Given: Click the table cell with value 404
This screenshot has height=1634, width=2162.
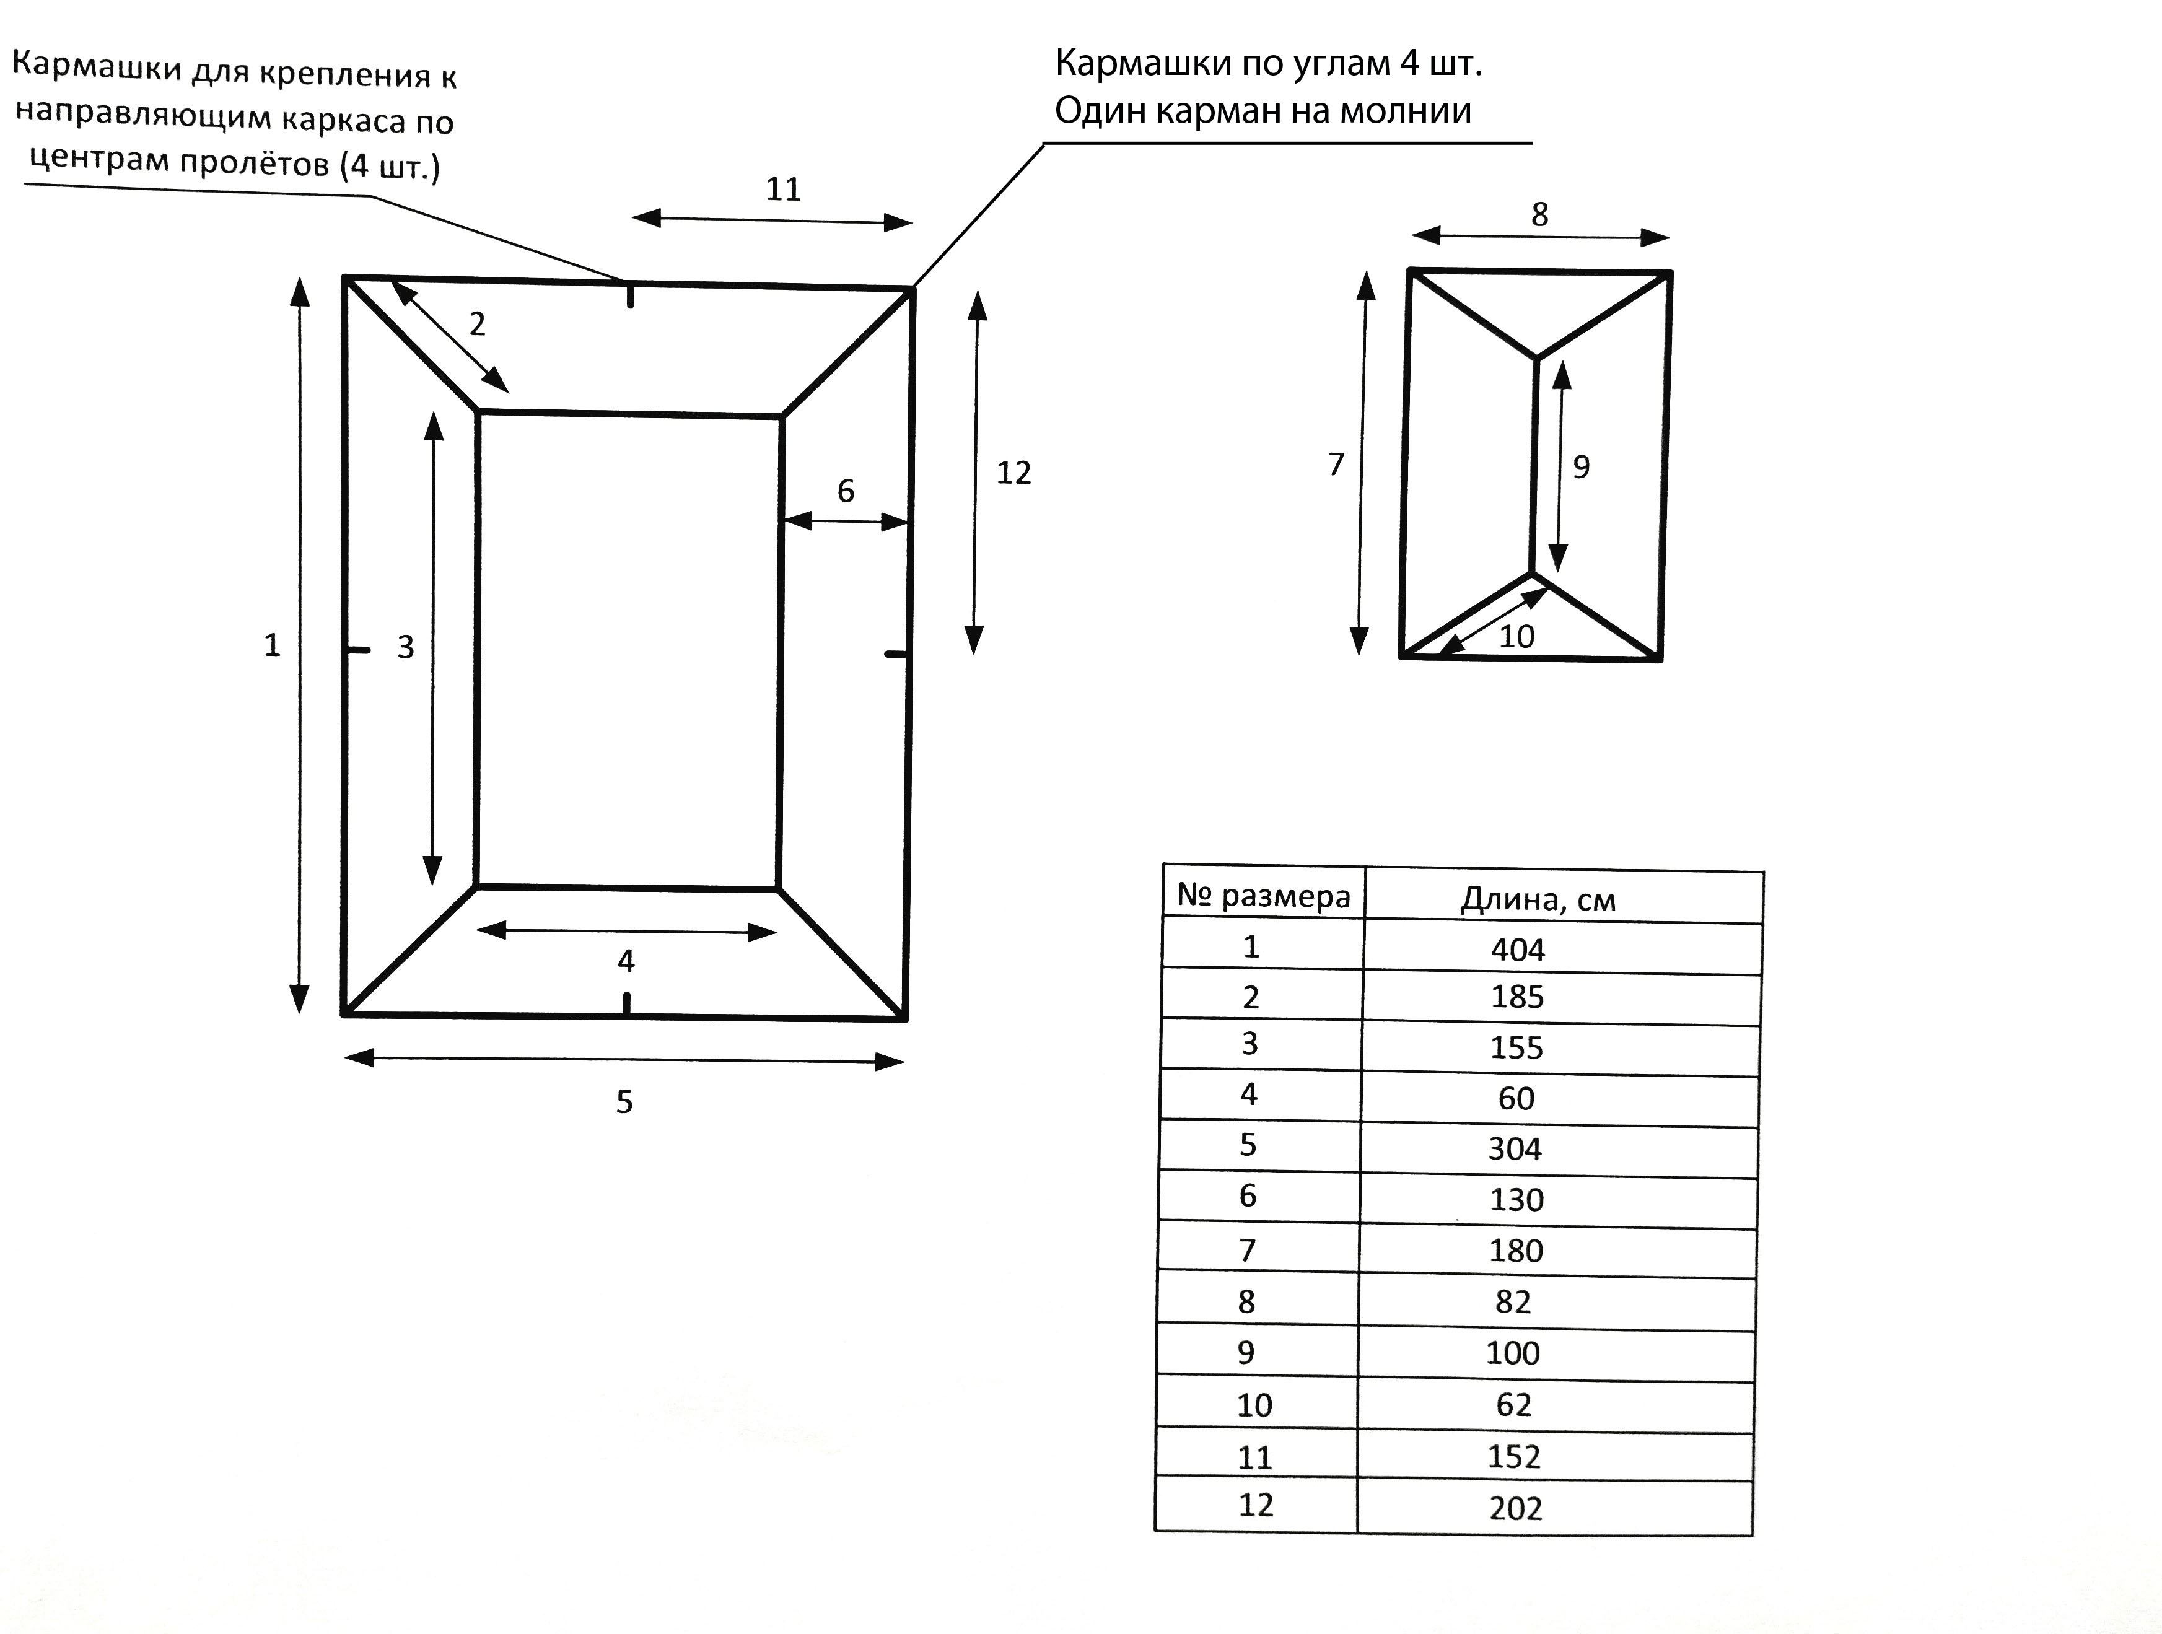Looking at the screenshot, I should click(x=1517, y=949).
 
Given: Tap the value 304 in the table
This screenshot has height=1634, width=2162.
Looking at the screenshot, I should click(x=1515, y=1148).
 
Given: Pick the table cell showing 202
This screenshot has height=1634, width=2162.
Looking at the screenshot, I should click(x=1515, y=1508).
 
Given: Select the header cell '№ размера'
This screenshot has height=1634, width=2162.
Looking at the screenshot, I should click(x=1263, y=895).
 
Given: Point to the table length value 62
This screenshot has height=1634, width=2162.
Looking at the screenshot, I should click(x=1513, y=1404).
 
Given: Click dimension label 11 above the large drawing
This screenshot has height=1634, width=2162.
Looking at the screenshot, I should click(x=783, y=189).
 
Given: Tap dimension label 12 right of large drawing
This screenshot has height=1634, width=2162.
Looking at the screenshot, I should click(x=1013, y=473).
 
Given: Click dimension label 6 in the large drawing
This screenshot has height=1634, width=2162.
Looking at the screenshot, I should click(x=846, y=491).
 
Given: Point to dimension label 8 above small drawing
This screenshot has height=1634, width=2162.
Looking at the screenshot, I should click(x=1539, y=214).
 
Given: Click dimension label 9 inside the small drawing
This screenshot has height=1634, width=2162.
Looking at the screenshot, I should click(x=1580, y=467).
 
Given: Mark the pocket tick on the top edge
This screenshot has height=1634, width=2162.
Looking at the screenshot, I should click(x=631, y=294).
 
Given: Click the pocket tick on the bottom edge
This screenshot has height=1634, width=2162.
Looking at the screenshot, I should click(x=626, y=1003).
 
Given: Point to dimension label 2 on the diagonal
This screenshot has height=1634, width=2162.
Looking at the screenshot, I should click(x=477, y=323).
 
